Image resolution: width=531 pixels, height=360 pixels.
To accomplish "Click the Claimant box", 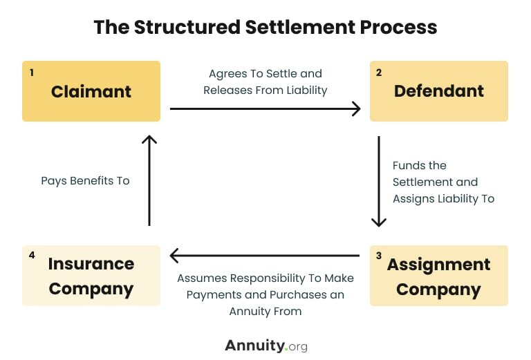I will pos(91,91).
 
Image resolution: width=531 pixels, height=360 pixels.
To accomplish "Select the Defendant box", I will pos(439,91).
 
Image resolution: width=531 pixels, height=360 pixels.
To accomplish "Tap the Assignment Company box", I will pos(439,276).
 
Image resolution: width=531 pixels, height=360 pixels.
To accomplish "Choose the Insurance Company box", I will pos(91,276).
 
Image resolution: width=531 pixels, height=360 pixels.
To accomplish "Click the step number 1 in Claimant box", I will pos(32,72).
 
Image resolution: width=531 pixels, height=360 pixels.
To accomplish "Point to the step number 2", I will pos(379,72).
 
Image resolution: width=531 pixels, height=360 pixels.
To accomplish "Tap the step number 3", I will pos(379,256).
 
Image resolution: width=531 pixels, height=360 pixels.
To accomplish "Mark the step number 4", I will pos(32,256).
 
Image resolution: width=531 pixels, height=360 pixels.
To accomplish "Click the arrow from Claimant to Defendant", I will pos(265,108).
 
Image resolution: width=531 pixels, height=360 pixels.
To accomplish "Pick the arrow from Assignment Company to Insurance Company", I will pos(265,256).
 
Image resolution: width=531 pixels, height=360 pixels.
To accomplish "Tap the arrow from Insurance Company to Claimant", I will pos(149,180).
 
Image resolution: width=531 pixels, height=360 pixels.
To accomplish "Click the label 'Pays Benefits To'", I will pos(85,181).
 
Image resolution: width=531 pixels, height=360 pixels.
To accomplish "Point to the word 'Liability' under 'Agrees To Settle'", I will pos(306,90).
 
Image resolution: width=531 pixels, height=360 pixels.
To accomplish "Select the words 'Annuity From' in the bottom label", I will pos(265,311).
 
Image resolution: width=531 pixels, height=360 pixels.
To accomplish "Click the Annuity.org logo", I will pos(265,345).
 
